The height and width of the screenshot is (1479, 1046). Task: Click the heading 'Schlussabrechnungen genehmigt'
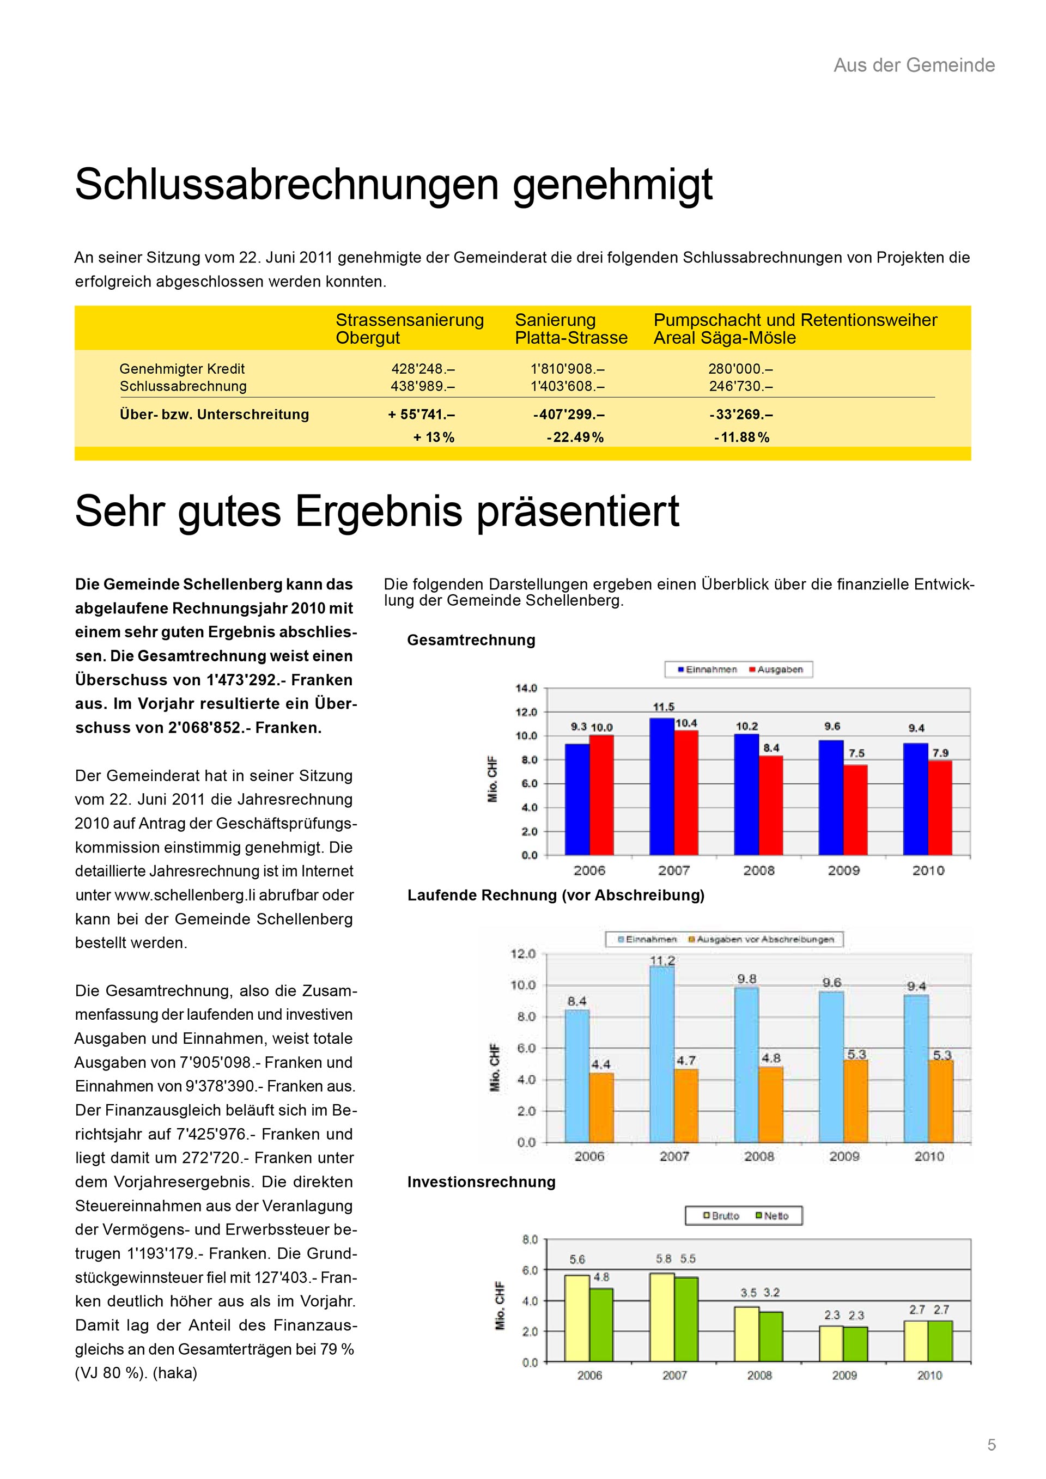tap(393, 185)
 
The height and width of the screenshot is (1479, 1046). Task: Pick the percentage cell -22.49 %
tap(575, 437)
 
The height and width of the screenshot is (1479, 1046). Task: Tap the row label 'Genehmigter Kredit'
tap(183, 369)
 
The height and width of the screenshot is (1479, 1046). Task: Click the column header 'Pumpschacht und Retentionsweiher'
tap(795, 320)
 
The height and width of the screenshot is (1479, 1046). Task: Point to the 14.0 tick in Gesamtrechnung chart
tap(526, 689)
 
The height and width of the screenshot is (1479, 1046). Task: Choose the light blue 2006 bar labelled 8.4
tap(577, 1076)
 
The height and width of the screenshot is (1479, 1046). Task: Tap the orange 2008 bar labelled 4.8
tap(771, 1104)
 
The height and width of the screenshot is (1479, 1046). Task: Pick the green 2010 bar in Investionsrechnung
tap(940, 1341)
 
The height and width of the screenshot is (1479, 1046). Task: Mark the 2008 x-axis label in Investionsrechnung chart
tap(759, 1375)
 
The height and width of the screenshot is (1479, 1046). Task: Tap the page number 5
tap(992, 1445)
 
